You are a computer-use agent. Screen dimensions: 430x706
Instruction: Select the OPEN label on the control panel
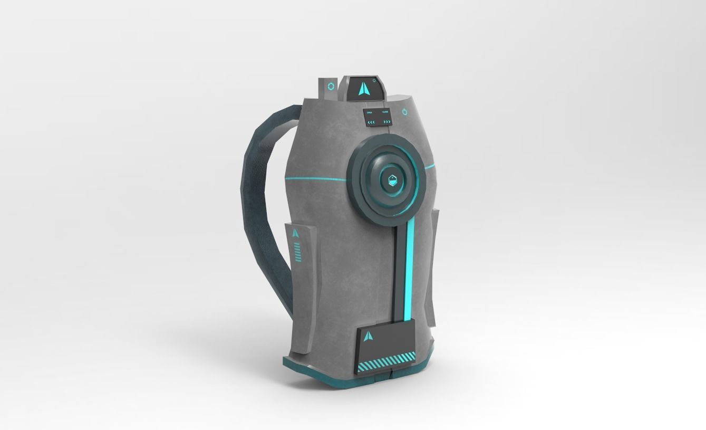(x=369, y=112)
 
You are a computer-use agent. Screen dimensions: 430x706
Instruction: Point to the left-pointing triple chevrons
(x=371, y=122)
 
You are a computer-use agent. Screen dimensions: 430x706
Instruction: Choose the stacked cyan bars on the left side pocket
(x=298, y=252)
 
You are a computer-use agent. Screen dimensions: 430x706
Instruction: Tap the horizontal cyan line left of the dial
(x=315, y=179)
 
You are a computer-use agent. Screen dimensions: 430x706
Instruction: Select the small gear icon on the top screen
(x=374, y=81)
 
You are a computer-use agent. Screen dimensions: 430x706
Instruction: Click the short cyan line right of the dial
(x=430, y=167)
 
